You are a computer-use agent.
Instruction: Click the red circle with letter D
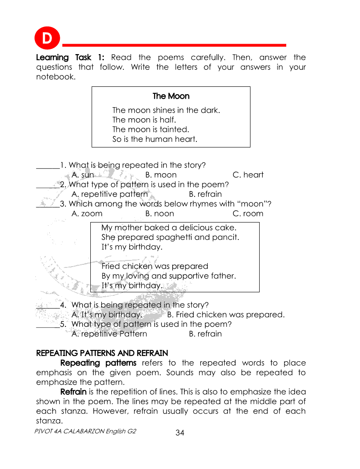[47, 38]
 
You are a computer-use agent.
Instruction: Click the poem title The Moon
[171, 96]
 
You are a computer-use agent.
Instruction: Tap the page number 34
[180, 433]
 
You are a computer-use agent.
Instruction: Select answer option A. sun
[82, 175]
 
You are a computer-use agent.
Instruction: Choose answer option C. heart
[248, 175]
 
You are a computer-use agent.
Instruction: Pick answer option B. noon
[160, 214]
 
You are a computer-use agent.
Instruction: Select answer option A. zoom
[87, 214]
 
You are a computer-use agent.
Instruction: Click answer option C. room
[248, 214]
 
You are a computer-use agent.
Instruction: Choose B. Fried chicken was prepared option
[226, 315]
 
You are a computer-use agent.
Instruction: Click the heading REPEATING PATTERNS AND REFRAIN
[102, 353]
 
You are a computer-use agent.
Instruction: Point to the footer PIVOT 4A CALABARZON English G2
[85, 431]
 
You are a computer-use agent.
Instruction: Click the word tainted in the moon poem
[174, 130]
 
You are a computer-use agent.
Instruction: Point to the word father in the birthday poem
[223, 276]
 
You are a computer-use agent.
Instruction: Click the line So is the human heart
[155, 140]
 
